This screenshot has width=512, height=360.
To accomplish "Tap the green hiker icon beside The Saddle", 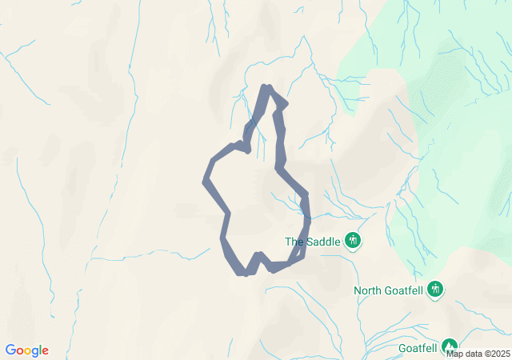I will point(353,240).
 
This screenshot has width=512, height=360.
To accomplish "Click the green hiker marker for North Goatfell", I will point(435,288).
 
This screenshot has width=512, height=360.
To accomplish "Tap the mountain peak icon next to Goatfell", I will point(449,346).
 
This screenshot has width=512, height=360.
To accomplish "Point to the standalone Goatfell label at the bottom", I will point(418,349).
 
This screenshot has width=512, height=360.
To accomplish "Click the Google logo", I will point(27,350).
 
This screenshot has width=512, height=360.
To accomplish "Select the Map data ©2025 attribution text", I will point(477,354).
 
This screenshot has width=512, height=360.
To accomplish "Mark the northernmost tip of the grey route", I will point(268,87).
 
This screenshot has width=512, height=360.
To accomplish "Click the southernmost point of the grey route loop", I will point(245,274).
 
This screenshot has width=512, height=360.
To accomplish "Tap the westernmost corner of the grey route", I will point(206,181).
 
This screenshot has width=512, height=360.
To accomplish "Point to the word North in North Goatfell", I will point(369,290).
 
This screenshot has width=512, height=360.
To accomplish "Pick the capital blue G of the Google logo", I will point(10,350).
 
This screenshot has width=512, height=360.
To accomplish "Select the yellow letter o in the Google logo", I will point(29,351).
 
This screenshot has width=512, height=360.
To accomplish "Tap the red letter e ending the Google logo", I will point(45,351).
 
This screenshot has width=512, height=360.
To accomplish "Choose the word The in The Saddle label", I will point(294,242).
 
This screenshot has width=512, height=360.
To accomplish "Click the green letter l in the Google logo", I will point(40,350).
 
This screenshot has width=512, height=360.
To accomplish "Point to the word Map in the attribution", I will point(454,354).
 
